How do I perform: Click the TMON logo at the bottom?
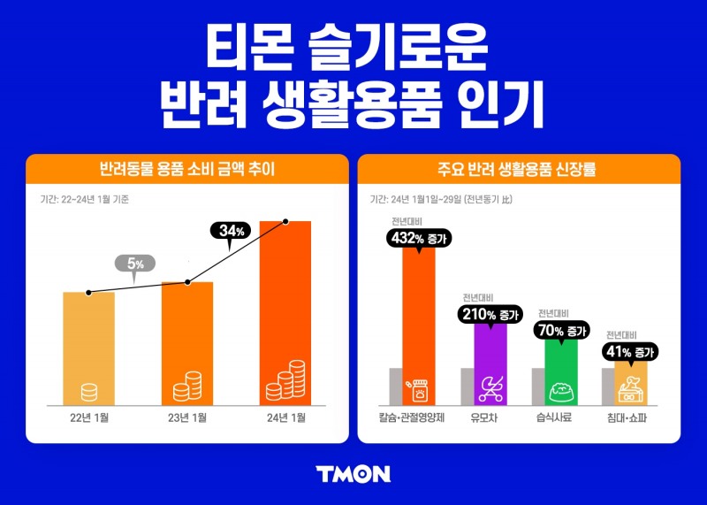353,473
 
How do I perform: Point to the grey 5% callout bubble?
135,263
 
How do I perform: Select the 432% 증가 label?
419,237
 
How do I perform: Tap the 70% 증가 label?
561,330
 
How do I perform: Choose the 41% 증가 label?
631,352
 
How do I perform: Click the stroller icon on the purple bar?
490,386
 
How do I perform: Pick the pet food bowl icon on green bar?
561,389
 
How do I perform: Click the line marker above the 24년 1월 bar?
285,221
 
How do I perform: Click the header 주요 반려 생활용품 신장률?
519,168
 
